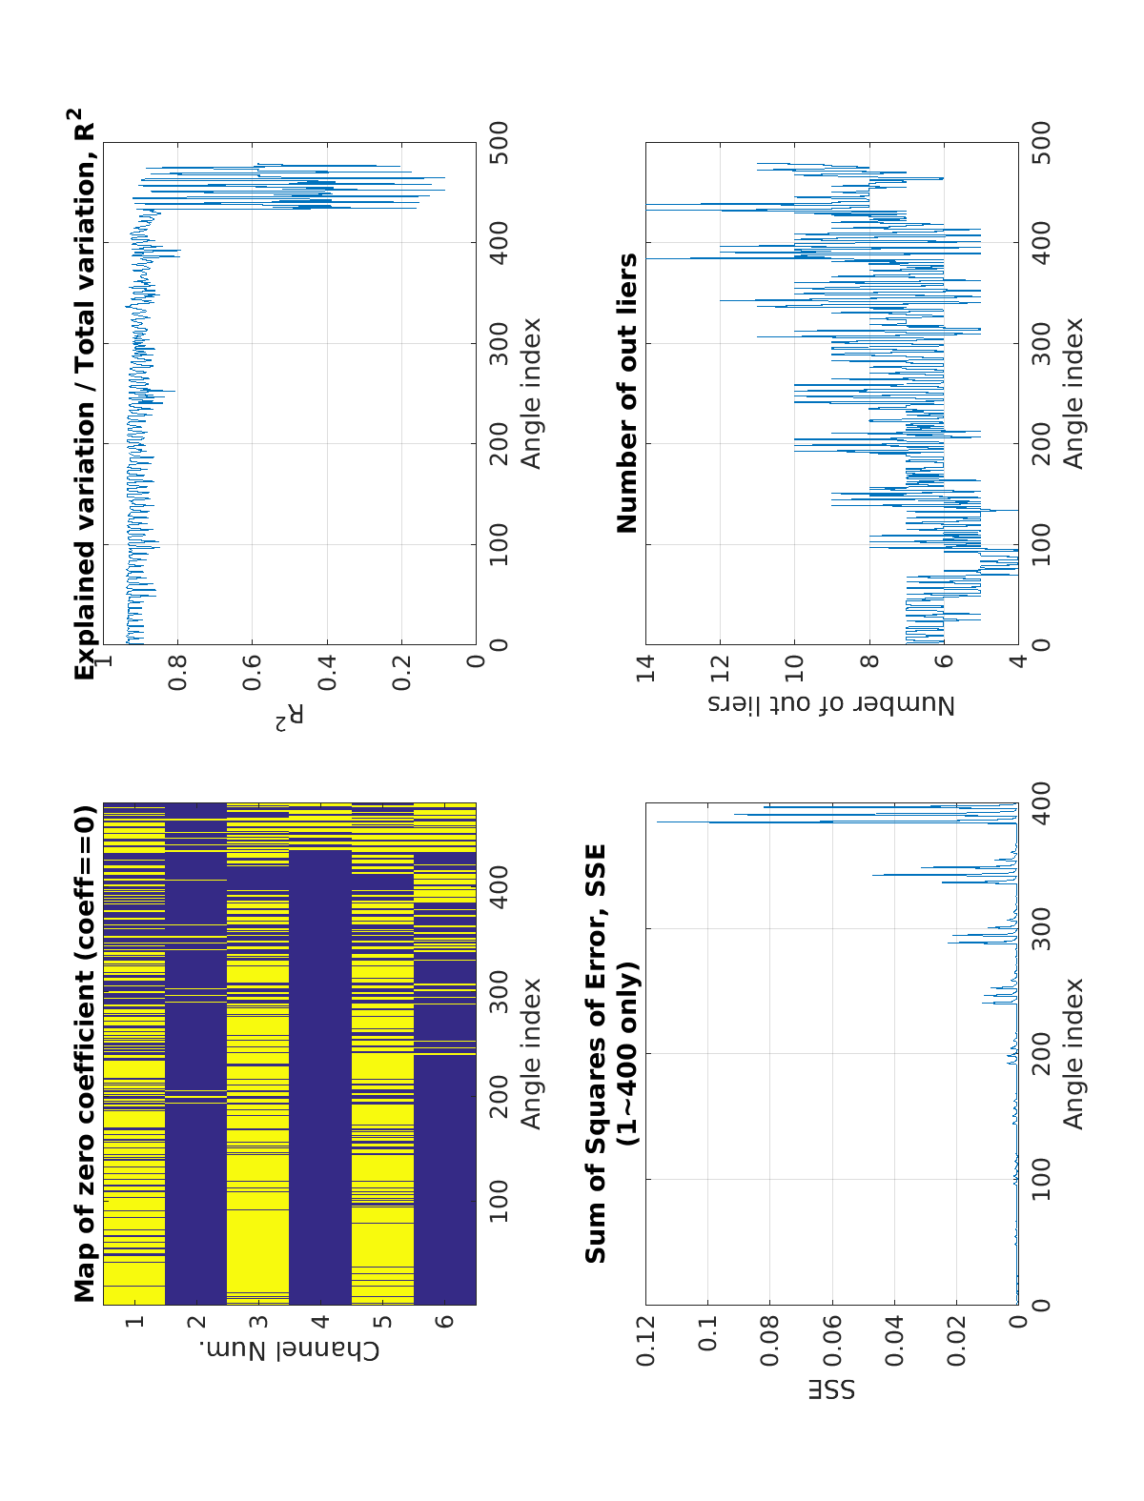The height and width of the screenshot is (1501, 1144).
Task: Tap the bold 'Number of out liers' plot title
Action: [x=627, y=393]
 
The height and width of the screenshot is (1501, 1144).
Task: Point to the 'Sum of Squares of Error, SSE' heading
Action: [x=596, y=1053]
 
